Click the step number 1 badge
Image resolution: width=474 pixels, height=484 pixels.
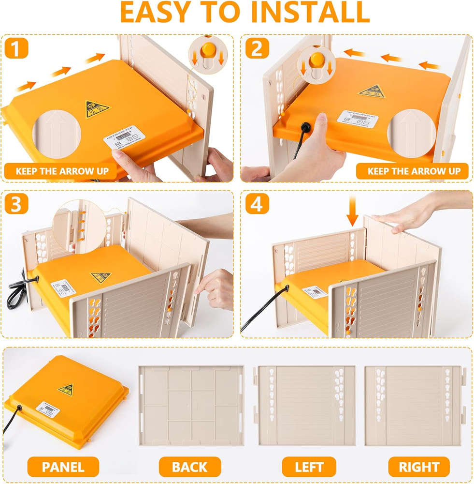pyautogui.click(x=16, y=48)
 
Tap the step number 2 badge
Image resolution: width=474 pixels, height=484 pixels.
pyautogui.click(x=257, y=48)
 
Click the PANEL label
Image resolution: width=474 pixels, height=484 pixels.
pyautogui.click(x=63, y=467)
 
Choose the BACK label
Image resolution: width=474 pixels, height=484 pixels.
pyautogui.click(x=189, y=467)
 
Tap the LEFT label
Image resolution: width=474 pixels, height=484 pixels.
pyautogui.click(x=309, y=467)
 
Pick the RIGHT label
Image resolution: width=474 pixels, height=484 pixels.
pyautogui.click(x=419, y=467)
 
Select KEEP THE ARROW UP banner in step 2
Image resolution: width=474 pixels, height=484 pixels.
pyautogui.click(x=413, y=171)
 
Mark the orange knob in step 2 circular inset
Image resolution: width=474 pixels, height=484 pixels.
pyautogui.click(x=316, y=60)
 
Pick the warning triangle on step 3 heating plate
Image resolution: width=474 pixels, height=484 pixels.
pyautogui.click(x=100, y=277)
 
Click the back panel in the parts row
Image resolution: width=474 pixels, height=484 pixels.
pyautogui.click(x=190, y=406)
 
